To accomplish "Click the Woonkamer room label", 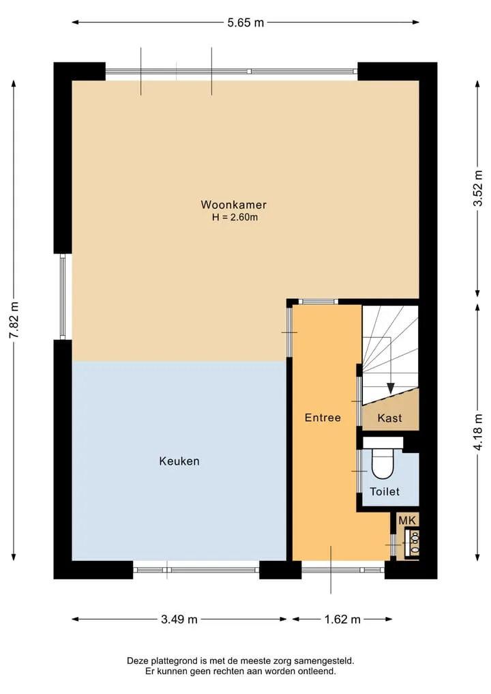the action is [233, 205].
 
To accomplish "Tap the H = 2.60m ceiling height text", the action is [235, 217].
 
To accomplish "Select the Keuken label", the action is [179, 461].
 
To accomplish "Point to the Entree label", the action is [323, 418].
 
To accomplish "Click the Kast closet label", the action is [389, 418].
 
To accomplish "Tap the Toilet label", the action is [385, 491].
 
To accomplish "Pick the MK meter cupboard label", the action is [407, 521].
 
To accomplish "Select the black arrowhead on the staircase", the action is [390, 388].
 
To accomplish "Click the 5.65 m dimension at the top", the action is [245, 23].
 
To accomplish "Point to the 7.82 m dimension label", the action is [14, 320].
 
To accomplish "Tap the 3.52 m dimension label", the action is [478, 188].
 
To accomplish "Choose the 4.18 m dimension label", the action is [478, 431].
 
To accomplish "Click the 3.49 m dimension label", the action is [179, 619].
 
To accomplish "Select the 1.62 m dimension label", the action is [342, 619].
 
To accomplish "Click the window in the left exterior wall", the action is [63, 297].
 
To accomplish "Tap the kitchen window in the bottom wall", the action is [196, 570].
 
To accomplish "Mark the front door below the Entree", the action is [343, 570].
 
